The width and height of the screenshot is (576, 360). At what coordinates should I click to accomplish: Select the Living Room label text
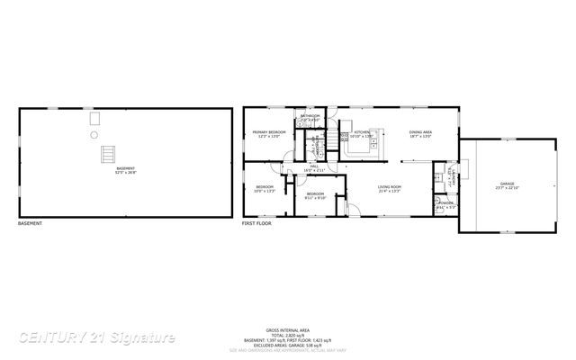(x=390, y=186)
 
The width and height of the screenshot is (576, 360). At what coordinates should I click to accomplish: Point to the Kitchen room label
(x=361, y=132)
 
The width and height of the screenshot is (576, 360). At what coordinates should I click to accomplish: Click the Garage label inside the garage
(x=496, y=186)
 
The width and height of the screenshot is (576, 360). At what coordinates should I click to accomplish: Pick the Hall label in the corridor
(x=315, y=166)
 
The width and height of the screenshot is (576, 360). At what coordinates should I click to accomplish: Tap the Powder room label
(x=444, y=203)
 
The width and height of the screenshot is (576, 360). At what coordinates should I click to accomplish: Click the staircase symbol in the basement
(x=109, y=153)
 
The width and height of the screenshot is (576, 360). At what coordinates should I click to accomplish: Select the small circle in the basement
(x=94, y=135)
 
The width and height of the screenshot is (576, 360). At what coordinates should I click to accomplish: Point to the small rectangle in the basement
(x=94, y=117)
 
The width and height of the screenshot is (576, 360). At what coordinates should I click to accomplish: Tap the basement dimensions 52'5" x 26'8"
(x=125, y=172)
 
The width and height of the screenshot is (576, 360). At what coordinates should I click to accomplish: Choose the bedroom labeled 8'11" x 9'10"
(x=314, y=197)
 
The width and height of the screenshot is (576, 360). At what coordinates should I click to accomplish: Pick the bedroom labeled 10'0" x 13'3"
(x=265, y=190)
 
